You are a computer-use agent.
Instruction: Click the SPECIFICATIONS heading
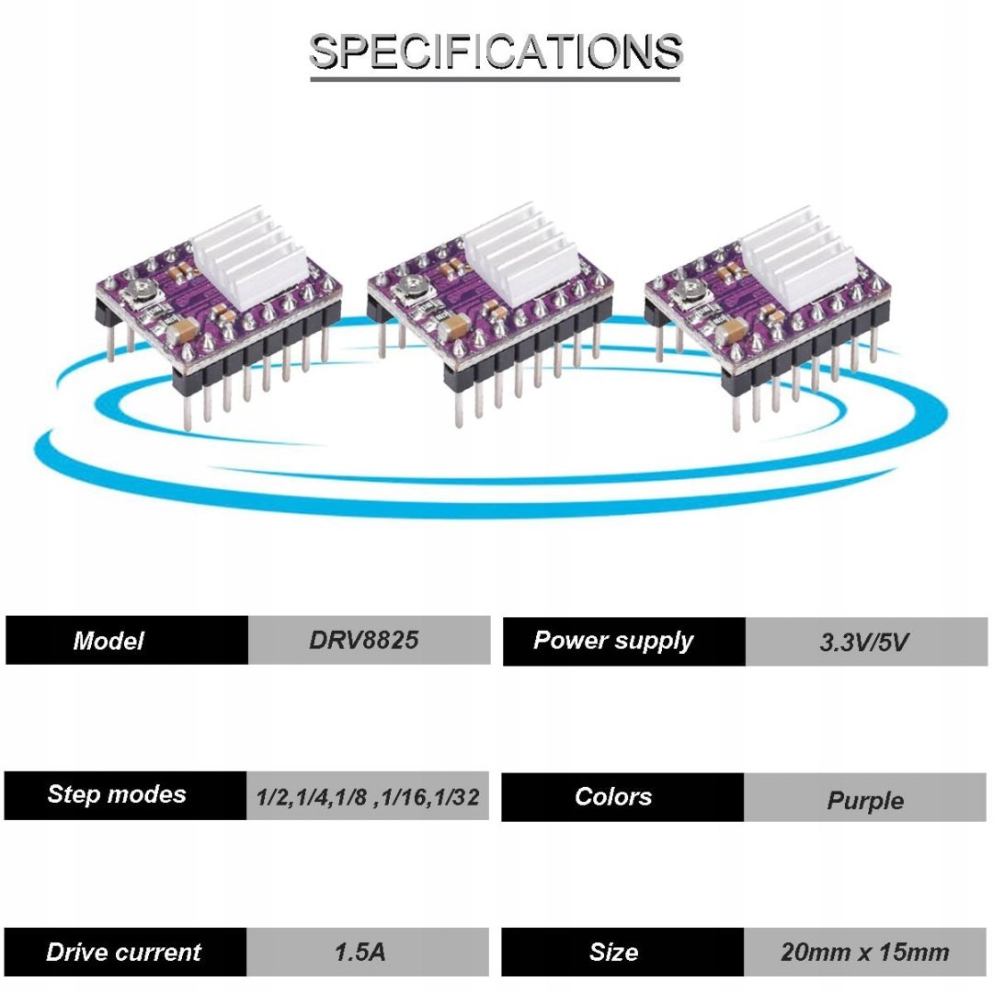[x=496, y=52]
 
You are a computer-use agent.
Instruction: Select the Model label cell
[x=127, y=641]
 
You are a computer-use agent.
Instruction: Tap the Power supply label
[x=623, y=641]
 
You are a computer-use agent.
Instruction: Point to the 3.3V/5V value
[x=865, y=642]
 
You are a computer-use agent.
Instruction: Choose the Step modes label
[x=126, y=795]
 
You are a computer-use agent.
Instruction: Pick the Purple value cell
[x=865, y=798]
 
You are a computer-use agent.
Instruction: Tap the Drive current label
[x=126, y=952]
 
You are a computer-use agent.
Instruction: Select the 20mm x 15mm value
[x=865, y=952]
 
